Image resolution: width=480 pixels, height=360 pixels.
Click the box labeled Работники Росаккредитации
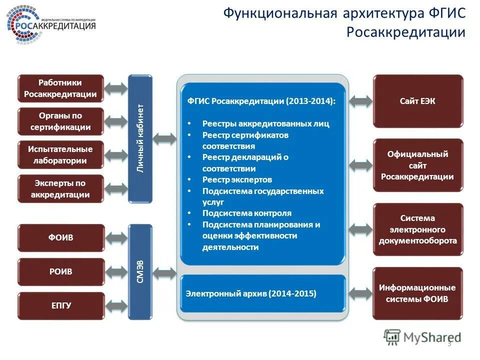click(x=60, y=88)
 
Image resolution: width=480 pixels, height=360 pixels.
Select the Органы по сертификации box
click(x=60, y=121)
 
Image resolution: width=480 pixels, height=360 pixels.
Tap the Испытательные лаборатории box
click(x=60, y=155)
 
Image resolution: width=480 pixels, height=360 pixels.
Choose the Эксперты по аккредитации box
click(x=60, y=188)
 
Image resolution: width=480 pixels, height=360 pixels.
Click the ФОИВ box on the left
click(x=61, y=237)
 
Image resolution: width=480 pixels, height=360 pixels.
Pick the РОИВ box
click(x=61, y=271)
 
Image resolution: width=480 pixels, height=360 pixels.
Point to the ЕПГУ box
click(x=61, y=305)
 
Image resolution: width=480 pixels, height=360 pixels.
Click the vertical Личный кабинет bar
click(x=140, y=138)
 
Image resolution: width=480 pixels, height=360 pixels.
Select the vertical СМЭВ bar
click(x=140, y=271)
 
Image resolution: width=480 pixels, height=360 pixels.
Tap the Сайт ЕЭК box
click(x=418, y=101)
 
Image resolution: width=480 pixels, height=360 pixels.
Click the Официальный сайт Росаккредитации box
click(x=418, y=165)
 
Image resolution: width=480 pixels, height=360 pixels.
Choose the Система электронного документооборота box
click(x=418, y=229)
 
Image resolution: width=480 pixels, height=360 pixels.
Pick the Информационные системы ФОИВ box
click(x=418, y=293)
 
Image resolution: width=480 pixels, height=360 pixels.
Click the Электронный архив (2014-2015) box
click(x=262, y=293)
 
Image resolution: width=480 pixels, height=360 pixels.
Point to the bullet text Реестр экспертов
click(x=237, y=179)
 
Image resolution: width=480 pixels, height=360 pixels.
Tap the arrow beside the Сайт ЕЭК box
click(x=360, y=101)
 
